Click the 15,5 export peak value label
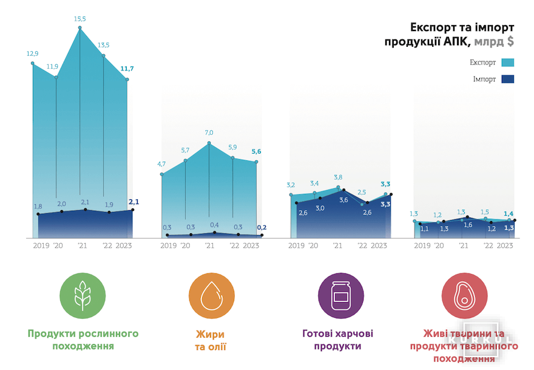coord(80,19)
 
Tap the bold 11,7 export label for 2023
coord(127,69)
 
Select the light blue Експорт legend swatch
coord(508,63)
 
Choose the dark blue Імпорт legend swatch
coord(508,79)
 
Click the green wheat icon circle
coord(83,296)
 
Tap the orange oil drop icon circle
coord(211,296)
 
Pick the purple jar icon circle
coord(341,296)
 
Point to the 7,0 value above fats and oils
coord(209,132)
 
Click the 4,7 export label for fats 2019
coord(161,164)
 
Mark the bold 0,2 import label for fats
coord(262,227)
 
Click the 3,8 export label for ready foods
coord(338,177)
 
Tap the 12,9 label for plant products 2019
coord(32,53)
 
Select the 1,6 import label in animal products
coord(468,225)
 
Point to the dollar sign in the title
coord(510,41)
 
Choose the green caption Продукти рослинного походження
coord(83,340)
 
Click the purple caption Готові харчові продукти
coord(338,340)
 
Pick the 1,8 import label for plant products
coord(38,207)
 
